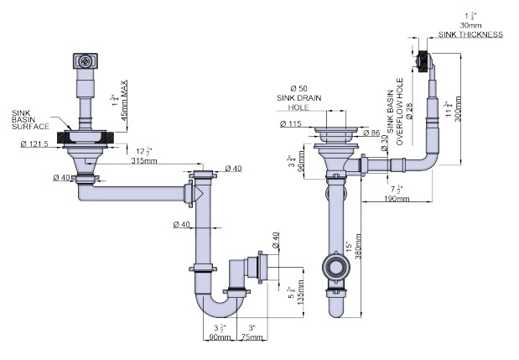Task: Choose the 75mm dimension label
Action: click(x=250, y=337)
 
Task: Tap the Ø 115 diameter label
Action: click(x=291, y=125)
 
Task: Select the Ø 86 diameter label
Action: click(x=371, y=133)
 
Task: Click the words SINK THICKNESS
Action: click(x=470, y=34)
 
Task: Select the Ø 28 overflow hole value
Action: click(x=411, y=110)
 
